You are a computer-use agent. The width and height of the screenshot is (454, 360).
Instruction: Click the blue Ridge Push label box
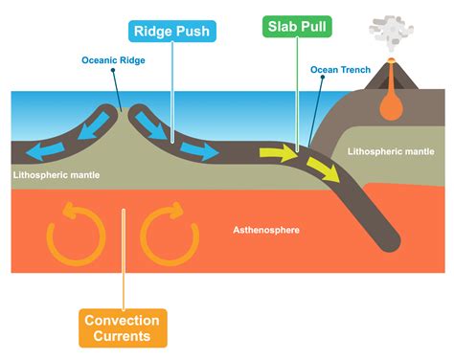(171, 31)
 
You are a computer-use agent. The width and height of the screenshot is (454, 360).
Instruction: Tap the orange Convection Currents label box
(123, 327)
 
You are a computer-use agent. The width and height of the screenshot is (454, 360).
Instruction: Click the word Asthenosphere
(268, 231)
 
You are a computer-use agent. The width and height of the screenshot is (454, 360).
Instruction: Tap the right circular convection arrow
(170, 234)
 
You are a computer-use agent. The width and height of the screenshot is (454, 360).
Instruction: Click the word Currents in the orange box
(123, 336)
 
